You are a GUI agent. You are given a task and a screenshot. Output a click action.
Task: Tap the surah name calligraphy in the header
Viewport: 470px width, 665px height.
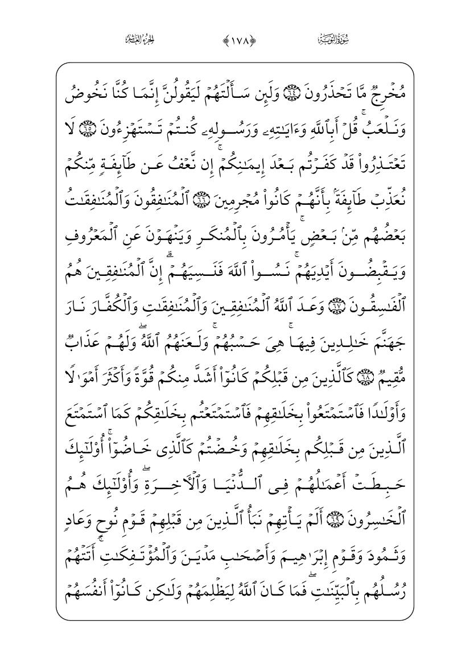point(331,40)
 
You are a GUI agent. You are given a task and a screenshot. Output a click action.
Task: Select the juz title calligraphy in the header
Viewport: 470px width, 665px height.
point(140,40)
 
